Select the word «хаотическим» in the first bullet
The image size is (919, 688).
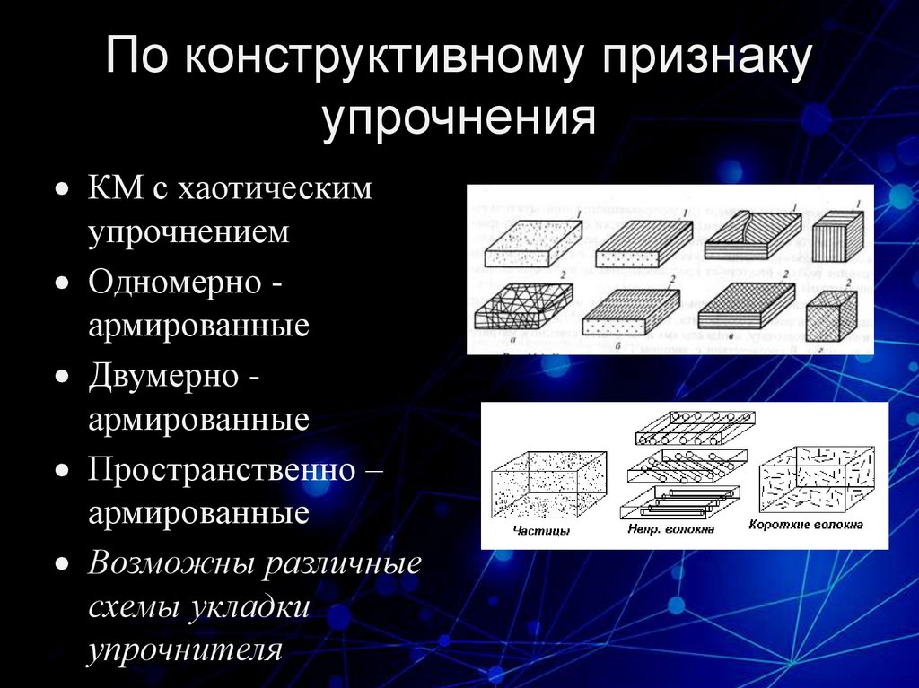pyautogui.click(x=276, y=189)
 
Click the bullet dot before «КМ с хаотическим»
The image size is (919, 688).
pyautogui.click(x=61, y=191)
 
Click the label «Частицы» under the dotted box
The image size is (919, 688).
pyautogui.click(x=542, y=530)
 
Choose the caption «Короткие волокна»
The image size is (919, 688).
pyautogui.click(x=805, y=524)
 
